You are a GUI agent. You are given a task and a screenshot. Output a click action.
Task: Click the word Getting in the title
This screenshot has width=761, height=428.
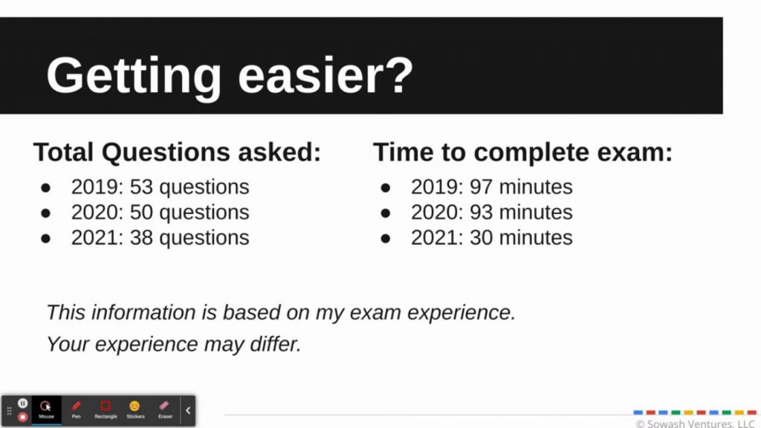tap(134, 77)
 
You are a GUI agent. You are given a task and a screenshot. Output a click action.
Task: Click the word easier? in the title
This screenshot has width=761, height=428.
tap(326, 75)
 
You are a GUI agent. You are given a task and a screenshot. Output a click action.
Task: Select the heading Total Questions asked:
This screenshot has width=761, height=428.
tap(177, 152)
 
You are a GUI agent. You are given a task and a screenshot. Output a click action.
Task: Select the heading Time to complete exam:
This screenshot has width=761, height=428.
tap(522, 152)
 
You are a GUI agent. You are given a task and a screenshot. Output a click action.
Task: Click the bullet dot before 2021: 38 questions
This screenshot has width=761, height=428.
tap(45, 239)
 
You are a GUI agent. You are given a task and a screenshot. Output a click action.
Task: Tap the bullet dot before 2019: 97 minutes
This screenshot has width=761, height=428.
tap(386, 188)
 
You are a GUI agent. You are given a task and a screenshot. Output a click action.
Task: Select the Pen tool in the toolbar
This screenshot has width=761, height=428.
tap(77, 410)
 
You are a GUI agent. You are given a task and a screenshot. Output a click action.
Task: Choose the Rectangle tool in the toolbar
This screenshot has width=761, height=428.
tap(106, 410)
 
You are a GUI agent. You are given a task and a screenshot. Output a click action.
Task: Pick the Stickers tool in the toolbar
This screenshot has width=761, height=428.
tap(135, 410)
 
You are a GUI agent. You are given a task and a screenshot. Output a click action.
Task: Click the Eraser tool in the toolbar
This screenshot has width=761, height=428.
tap(165, 410)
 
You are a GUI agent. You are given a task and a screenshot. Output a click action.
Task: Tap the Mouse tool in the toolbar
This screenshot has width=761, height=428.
tap(46, 410)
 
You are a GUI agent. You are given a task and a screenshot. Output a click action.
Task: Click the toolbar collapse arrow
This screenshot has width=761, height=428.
tap(188, 410)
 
